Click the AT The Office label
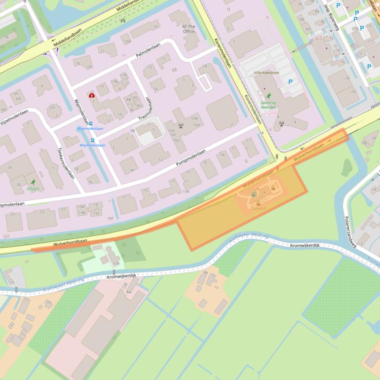[x=189, y=29]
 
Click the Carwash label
[x=258, y=209]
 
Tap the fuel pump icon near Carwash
[x=254, y=194]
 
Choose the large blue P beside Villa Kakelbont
[x=290, y=82]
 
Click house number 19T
[x=111, y=218]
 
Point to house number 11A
[x=186, y=191]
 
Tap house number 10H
[x=196, y=125]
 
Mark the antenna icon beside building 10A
[x=181, y=125]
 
